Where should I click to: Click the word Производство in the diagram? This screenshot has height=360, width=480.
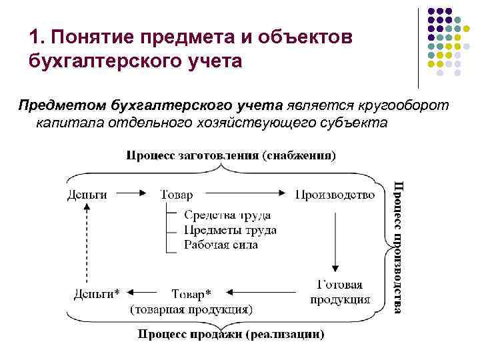click(x=335, y=195)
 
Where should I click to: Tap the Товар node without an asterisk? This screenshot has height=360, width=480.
click(x=177, y=195)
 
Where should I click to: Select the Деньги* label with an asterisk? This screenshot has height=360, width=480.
click(x=97, y=293)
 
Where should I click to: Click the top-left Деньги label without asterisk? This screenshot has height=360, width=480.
click(x=87, y=195)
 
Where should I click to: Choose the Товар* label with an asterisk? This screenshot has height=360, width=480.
click(x=191, y=293)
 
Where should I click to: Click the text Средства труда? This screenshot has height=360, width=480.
click(x=227, y=215)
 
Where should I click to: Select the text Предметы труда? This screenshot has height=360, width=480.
click(x=230, y=230)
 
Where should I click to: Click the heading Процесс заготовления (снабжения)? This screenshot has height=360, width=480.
click(x=231, y=156)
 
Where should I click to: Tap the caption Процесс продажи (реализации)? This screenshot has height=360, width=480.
click(x=231, y=333)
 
